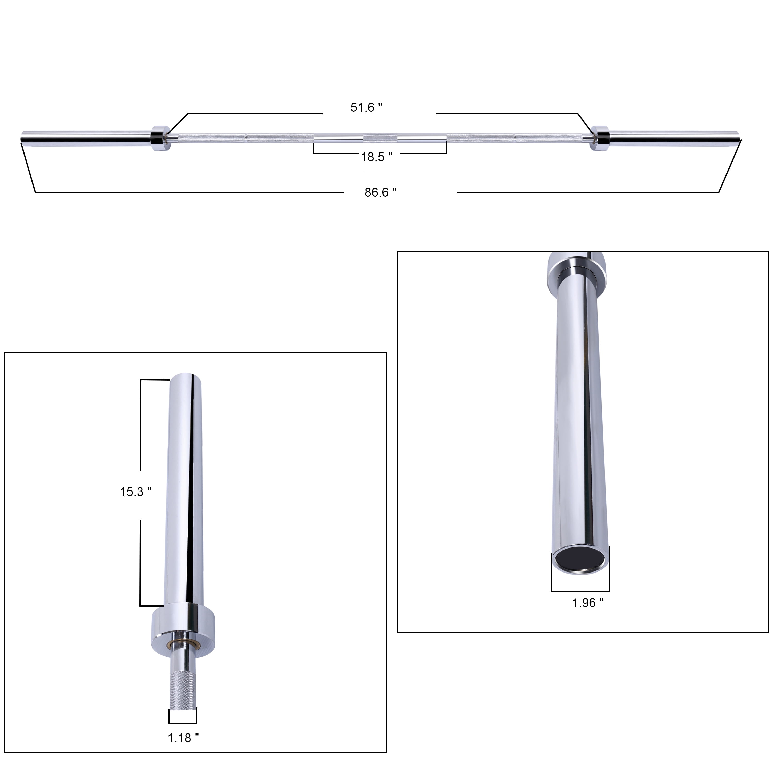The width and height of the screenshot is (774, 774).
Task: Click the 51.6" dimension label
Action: pyautogui.click(x=366, y=107)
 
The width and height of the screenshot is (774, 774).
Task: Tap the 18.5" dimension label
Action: pyautogui.click(x=376, y=157)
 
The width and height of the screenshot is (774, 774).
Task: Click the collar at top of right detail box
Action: pyautogui.click(x=577, y=272)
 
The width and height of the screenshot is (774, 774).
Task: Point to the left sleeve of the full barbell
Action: pyautogui.click(x=86, y=138)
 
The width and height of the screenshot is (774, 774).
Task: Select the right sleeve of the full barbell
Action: pyautogui.click(x=673, y=138)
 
